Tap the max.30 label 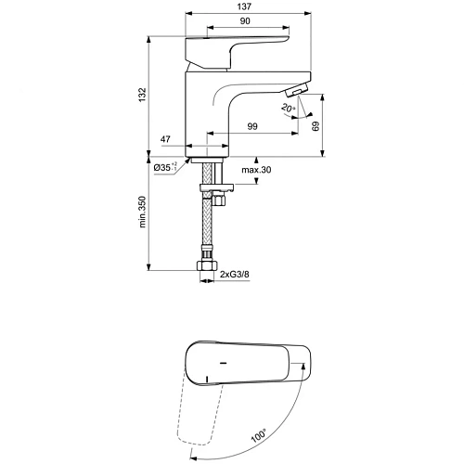(x=256, y=170)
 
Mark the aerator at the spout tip (x=294, y=90)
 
